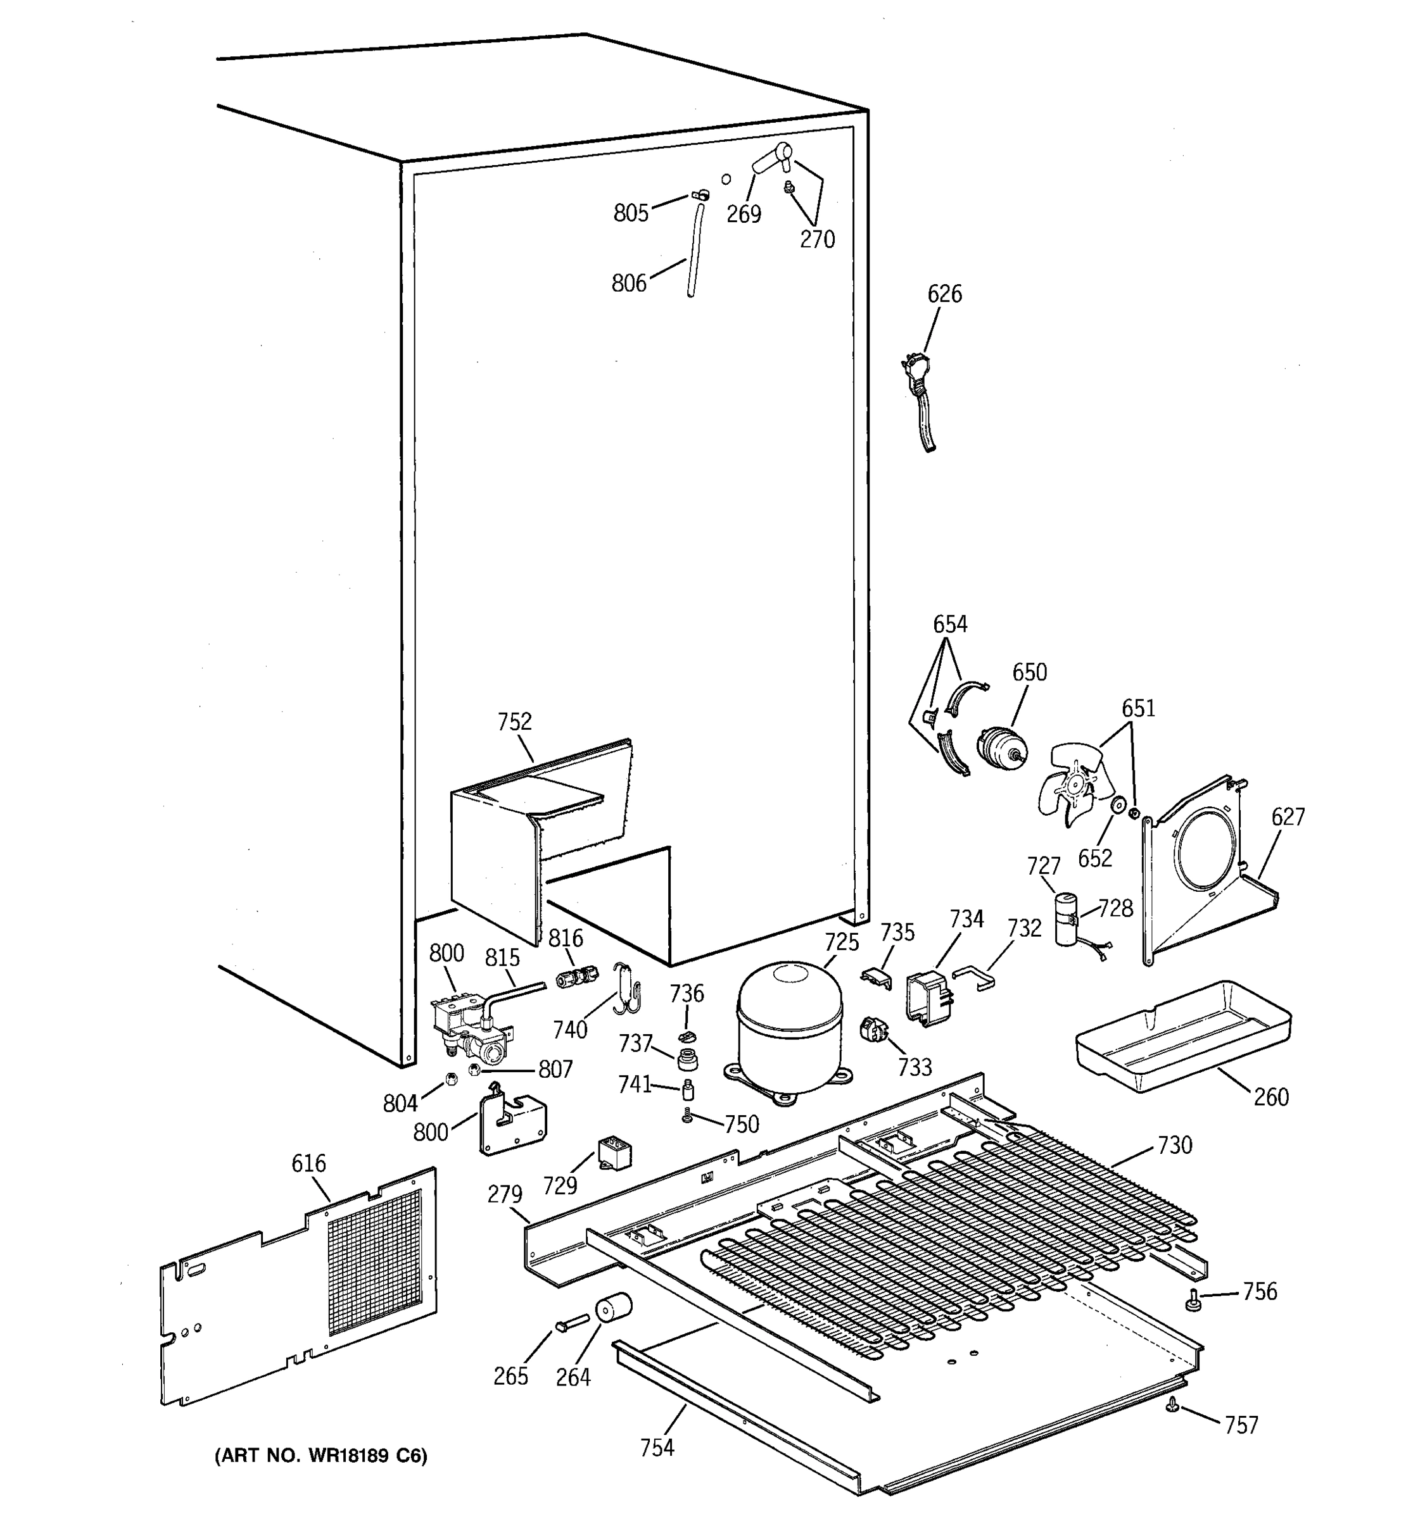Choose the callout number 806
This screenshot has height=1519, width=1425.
[x=628, y=284]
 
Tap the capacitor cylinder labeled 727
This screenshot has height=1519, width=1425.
[x=1067, y=920]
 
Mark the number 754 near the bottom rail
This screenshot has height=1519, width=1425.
[x=657, y=1447]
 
